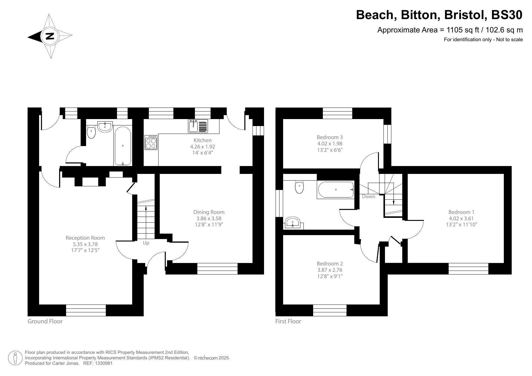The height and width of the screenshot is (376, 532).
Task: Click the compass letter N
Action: (50, 36)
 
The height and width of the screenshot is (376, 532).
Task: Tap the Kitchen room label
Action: (202, 140)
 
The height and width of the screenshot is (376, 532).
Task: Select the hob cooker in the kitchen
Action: (151, 142)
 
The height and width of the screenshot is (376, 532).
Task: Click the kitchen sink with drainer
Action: (198, 126)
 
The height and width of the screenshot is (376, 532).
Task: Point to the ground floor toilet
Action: (91, 132)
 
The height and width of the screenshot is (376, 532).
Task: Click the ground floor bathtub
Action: (123, 146)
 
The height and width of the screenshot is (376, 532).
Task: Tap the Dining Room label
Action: (209, 212)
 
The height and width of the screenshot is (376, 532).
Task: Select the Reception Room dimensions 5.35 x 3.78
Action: (85, 244)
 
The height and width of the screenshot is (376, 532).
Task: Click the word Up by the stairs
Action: (146, 243)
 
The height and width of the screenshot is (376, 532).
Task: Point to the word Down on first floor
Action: (369, 197)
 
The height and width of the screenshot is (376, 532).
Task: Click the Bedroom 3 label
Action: (330, 137)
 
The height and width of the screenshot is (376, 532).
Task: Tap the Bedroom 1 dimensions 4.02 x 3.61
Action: (461, 218)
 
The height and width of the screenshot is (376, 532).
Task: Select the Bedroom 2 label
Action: (330, 264)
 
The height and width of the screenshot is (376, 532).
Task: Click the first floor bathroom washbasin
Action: (293, 222)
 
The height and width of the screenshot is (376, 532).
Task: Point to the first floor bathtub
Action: (336, 190)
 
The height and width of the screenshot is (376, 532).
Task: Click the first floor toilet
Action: (299, 187)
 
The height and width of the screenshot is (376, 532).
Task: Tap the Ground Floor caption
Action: (45, 321)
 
